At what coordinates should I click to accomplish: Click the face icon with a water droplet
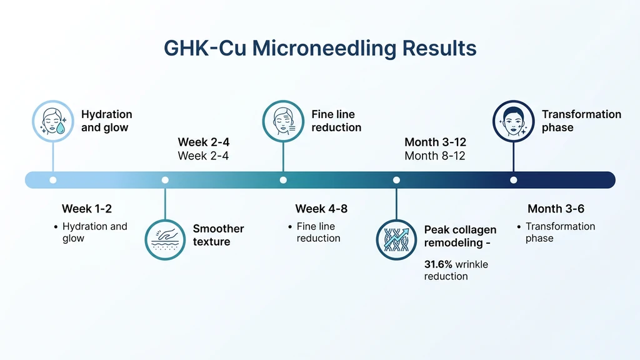tap(52, 120)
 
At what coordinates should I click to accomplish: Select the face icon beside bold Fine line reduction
tap(283, 120)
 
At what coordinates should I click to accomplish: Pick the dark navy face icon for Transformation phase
tap(513, 120)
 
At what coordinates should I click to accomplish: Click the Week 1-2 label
tap(87, 209)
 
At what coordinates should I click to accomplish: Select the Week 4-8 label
tap(321, 209)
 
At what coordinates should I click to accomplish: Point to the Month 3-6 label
tap(556, 209)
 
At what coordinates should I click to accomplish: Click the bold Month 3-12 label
tap(435, 142)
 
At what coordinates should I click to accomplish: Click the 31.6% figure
tap(438, 264)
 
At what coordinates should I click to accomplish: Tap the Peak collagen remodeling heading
tap(460, 236)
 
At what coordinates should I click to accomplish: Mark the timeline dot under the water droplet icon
tap(52, 180)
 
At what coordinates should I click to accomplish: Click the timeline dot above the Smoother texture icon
tap(165, 180)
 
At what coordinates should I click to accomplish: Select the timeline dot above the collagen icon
tap(396, 180)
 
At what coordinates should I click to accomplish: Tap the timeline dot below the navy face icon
tap(513, 180)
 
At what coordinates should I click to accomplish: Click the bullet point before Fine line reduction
tap(290, 227)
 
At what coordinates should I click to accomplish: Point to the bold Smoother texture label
tap(218, 235)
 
